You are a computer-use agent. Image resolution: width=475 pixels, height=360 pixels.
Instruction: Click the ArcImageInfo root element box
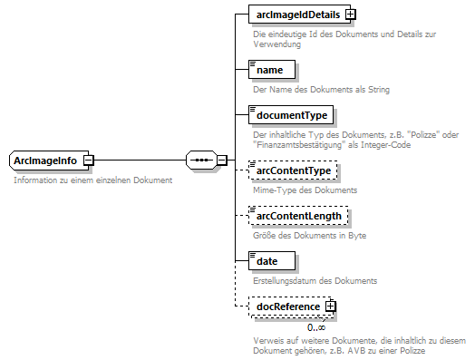tap(45, 161)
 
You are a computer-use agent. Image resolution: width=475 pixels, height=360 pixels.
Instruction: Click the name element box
tap(270, 70)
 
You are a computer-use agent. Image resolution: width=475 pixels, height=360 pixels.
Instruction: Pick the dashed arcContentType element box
tap(293, 170)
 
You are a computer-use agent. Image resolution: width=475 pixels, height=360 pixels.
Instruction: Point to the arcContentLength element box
tap(298, 216)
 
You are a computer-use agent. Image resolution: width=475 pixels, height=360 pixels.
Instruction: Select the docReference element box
tap(287, 306)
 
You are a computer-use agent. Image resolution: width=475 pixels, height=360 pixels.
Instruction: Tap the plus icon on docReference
tap(330, 306)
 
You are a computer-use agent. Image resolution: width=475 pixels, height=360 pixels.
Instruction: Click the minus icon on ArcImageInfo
tap(88, 161)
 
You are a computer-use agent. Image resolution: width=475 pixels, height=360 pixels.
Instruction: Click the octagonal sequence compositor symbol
tap(199, 161)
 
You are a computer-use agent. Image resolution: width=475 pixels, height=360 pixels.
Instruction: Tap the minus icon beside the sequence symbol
tap(222, 161)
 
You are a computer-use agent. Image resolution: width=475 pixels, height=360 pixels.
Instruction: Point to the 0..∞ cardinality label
tap(316, 327)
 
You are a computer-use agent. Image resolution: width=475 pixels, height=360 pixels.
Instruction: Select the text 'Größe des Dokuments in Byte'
tap(309, 236)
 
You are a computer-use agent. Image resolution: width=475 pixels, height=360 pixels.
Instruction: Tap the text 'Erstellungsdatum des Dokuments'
tap(315, 281)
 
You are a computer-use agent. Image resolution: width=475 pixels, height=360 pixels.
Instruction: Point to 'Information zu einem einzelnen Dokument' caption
tap(92, 180)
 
